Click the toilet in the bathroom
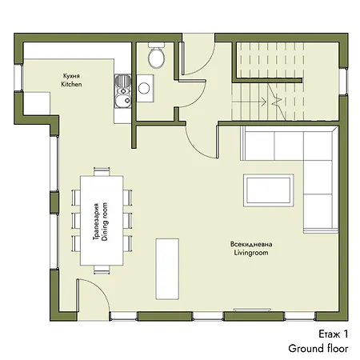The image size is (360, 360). [x=156, y=55]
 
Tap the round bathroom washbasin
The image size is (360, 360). [x=144, y=88]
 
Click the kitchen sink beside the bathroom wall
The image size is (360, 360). [x=123, y=91]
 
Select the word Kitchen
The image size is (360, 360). [x=71, y=84]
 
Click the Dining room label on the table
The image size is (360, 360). [x=105, y=222]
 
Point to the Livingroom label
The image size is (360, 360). [x=251, y=253]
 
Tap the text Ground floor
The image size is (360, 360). [x=318, y=348]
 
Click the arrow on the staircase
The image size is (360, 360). [x=249, y=102]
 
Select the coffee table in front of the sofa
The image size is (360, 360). [x=268, y=190]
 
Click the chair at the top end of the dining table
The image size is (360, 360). [x=102, y=171]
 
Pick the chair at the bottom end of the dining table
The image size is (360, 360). [x=102, y=270]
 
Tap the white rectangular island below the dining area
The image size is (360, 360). [x=167, y=269]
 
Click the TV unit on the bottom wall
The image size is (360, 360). [x=252, y=310]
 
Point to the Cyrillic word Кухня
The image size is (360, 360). [x=71, y=76]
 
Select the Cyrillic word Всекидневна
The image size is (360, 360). [x=251, y=244]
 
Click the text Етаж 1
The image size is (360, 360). [x=334, y=334]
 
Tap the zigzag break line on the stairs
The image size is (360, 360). [x=276, y=102]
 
